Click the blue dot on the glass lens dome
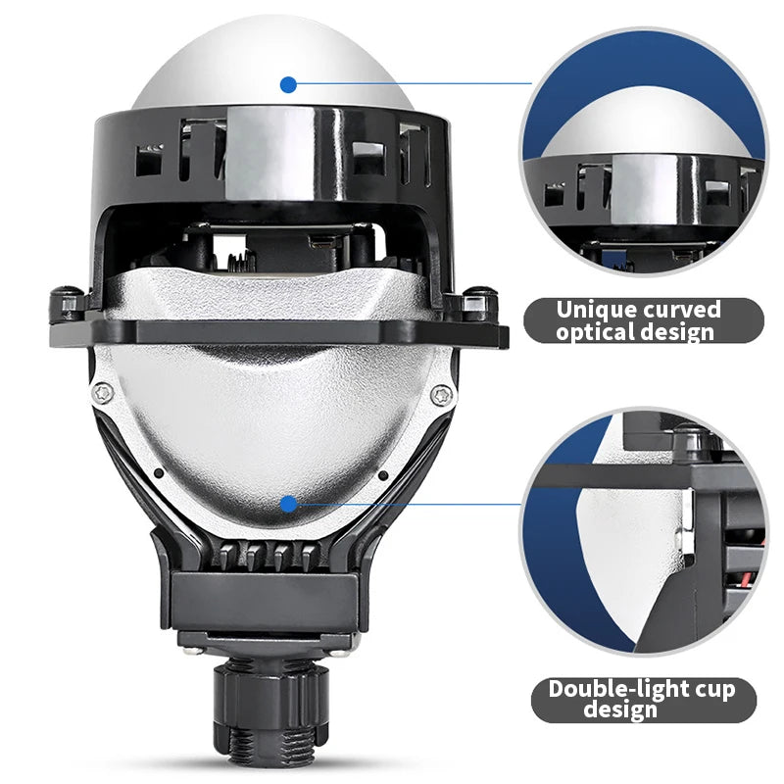[287, 84]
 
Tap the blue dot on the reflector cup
[287, 504]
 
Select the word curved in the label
[680, 311]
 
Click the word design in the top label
[676, 332]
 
